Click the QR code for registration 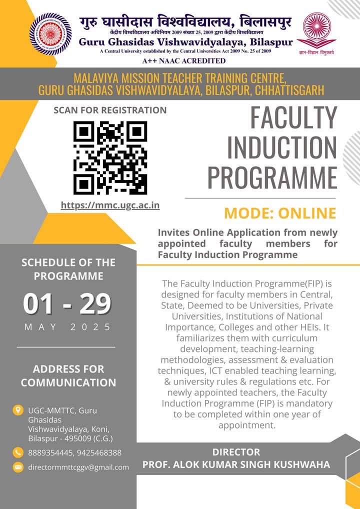(x=110, y=158)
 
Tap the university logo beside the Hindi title (x=50, y=34)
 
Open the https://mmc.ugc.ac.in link (x=110, y=205)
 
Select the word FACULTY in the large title (x=293, y=117)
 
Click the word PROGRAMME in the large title (x=272, y=177)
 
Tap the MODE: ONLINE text (x=280, y=213)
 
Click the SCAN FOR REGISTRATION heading (x=110, y=110)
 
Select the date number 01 (x=38, y=304)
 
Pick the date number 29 (x=95, y=304)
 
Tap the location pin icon (x=18, y=410)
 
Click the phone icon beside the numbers (x=18, y=452)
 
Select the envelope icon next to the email (x=18, y=467)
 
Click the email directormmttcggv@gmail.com (x=78, y=467)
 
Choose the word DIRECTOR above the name (x=236, y=452)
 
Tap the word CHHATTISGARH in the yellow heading (x=289, y=90)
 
